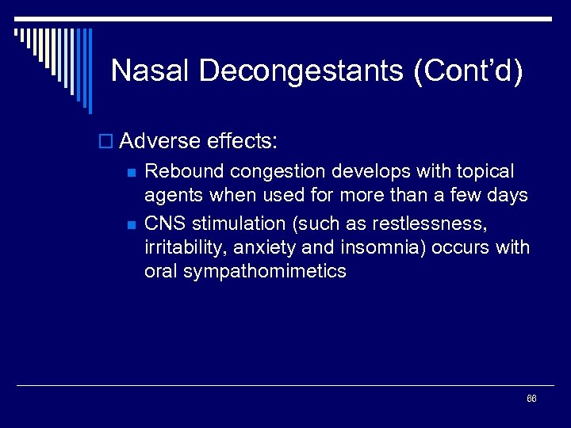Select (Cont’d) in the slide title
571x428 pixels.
[468, 71]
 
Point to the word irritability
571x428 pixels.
[182, 246]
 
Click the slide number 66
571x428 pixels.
[531, 398]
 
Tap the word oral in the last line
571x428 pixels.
[162, 271]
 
